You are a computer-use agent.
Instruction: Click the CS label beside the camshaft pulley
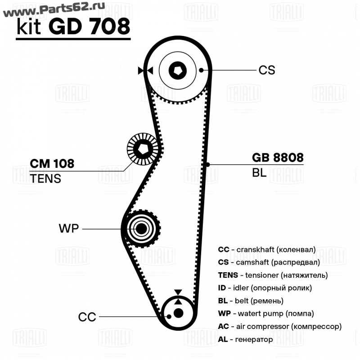tap(266, 70)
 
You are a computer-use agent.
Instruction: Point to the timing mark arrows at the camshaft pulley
tap(146, 70)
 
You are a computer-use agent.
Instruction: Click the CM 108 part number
tap(52, 164)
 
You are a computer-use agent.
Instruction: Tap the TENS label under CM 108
tap(45, 179)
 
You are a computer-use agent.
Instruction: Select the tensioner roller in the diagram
tap(142, 149)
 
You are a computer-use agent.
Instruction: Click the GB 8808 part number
tap(277, 157)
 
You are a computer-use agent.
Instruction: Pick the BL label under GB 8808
tap(259, 173)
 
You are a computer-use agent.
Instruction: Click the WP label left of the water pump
tap(68, 229)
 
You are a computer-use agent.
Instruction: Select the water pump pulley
tap(141, 228)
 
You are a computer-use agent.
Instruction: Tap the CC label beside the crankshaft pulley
tap(87, 317)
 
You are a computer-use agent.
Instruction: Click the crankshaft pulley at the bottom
tap(178, 313)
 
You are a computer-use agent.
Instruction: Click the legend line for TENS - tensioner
tap(272, 274)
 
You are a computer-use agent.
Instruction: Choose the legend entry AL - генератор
tap(245, 339)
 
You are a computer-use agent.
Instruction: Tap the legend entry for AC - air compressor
tap(279, 326)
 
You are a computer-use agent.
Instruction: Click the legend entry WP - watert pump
tap(265, 313)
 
